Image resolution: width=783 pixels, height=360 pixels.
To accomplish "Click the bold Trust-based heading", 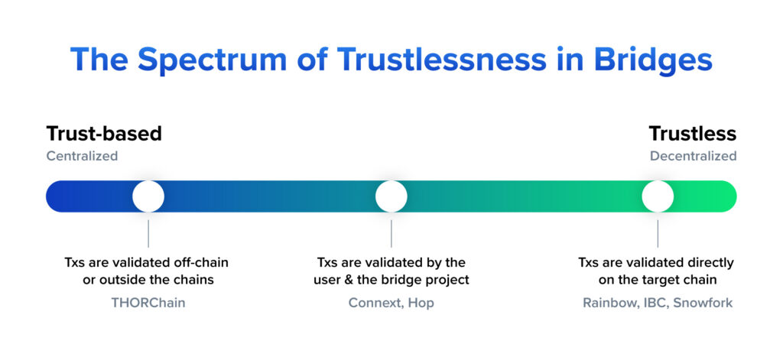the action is pyautogui.click(x=104, y=134).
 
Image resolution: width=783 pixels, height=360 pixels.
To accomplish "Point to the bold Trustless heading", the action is pyautogui.click(x=693, y=134).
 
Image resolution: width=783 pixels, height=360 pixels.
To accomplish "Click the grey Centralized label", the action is pyautogui.click(x=82, y=156).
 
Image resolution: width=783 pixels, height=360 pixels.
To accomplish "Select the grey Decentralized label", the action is pyautogui.click(x=693, y=156).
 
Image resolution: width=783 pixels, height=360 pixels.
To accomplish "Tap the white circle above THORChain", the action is pyautogui.click(x=148, y=196).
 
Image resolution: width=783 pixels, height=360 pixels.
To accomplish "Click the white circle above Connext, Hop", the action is pyautogui.click(x=391, y=196).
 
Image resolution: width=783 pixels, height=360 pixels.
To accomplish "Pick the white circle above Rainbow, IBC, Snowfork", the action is pyautogui.click(x=658, y=196).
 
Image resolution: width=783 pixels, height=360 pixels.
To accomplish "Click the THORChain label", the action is pyautogui.click(x=148, y=303).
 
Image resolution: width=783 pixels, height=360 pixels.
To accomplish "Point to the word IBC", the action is pyautogui.click(x=646, y=303).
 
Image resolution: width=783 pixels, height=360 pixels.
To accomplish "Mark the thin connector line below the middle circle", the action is pyautogui.click(x=391, y=233).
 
